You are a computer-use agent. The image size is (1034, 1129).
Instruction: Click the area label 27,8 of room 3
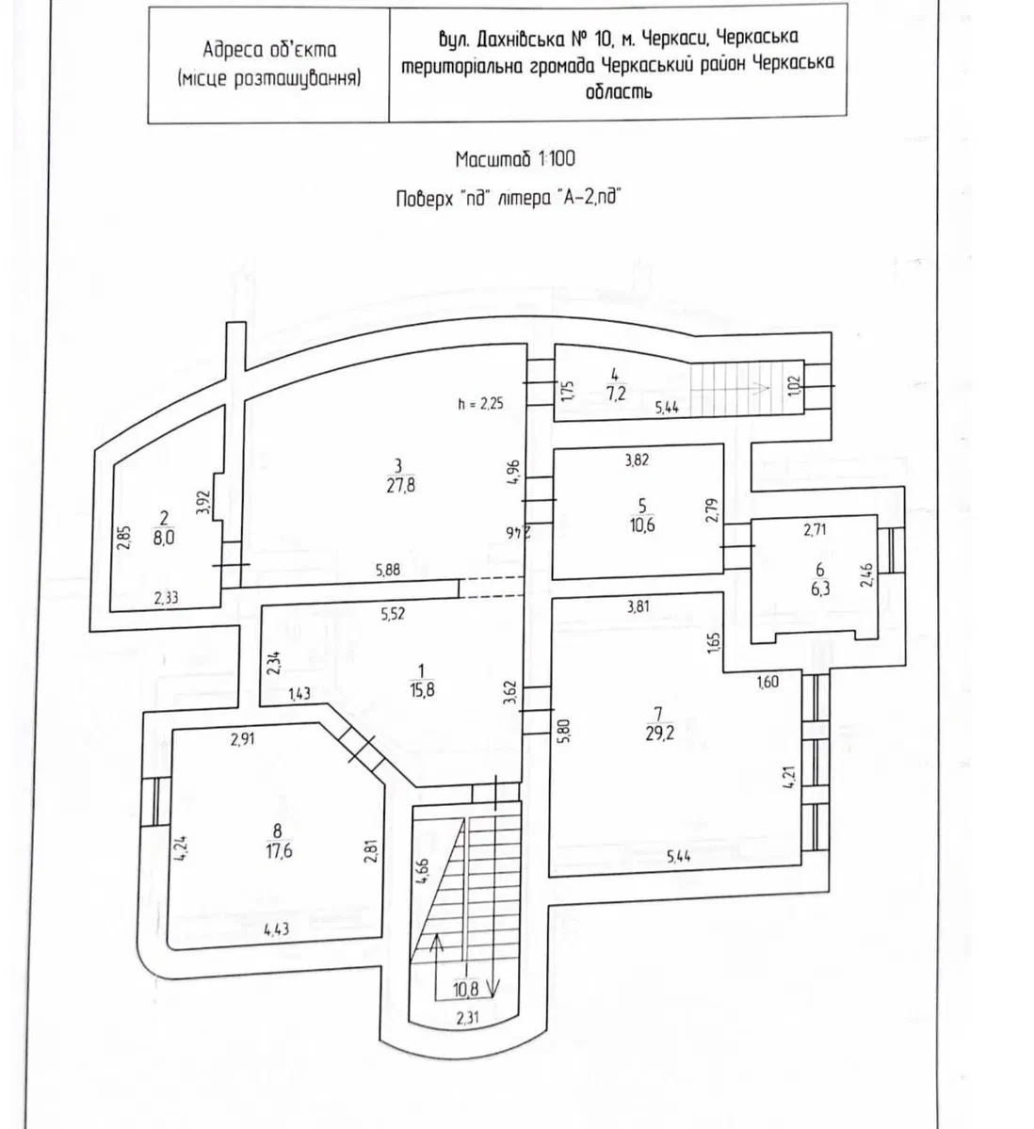click(x=401, y=486)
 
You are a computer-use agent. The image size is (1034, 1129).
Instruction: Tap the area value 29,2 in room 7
click(x=659, y=734)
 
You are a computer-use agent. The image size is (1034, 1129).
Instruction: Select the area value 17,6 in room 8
click(x=278, y=851)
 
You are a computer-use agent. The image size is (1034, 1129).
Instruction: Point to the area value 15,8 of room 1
click(x=422, y=690)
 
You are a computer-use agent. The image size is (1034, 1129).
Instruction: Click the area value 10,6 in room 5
click(x=642, y=524)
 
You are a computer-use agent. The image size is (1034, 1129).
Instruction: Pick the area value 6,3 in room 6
click(x=820, y=589)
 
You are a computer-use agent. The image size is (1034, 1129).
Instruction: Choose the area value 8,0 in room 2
click(x=164, y=537)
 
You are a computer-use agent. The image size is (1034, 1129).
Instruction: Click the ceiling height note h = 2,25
click(x=480, y=404)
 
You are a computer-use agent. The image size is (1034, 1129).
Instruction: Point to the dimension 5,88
click(x=388, y=571)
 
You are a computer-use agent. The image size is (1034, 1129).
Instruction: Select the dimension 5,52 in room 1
click(x=393, y=614)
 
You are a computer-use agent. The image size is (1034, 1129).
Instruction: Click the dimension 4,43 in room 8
click(x=277, y=929)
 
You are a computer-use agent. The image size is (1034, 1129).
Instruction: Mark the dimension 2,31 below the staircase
click(x=467, y=1017)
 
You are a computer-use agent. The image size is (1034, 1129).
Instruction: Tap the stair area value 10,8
click(x=466, y=990)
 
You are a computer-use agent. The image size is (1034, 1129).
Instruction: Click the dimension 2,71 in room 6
click(x=815, y=531)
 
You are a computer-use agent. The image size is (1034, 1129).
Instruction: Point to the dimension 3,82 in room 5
click(x=638, y=460)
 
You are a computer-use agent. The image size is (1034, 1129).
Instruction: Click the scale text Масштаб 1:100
click(x=515, y=159)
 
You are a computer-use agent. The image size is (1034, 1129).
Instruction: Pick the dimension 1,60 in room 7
click(x=767, y=682)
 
